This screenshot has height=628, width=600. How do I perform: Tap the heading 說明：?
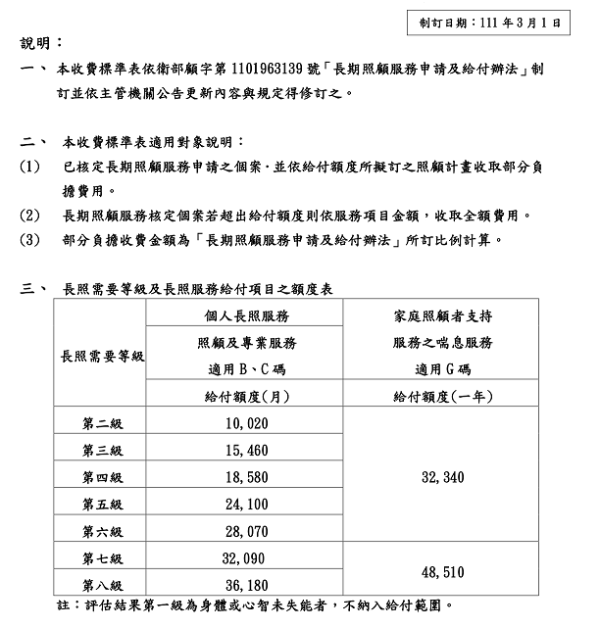tap(41, 44)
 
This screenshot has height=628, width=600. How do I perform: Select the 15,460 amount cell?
tap(246, 450)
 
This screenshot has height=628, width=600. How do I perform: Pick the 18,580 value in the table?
tap(246, 476)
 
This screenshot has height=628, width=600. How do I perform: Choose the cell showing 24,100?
tap(246, 504)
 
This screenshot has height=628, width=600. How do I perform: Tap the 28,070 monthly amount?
tap(246, 531)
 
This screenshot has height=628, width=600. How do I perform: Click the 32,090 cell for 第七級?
tap(246, 557)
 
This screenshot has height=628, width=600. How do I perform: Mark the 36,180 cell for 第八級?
tap(246, 585)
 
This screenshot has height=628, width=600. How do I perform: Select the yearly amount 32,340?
tap(442, 477)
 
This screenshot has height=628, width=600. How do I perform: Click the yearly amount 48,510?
tap(442, 571)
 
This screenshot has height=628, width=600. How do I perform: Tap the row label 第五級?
tap(102, 504)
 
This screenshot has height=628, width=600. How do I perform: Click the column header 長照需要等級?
tap(102, 356)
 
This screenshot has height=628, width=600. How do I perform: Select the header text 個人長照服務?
tap(246, 316)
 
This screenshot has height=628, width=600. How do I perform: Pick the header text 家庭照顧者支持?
tap(442, 316)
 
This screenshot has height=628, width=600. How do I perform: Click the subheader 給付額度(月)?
tap(246, 396)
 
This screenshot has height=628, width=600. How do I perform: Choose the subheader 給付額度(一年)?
tap(442, 396)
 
